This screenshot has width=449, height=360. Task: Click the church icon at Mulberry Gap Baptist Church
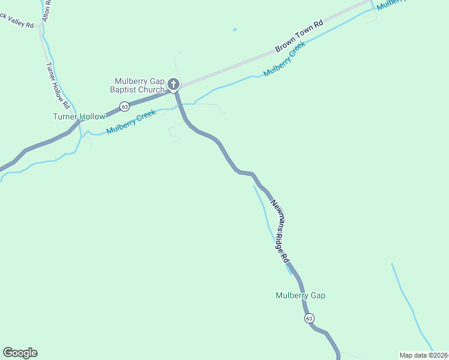[173, 84]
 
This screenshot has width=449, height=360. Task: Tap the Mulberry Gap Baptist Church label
[139, 86]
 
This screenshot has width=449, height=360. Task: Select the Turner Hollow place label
[79, 116]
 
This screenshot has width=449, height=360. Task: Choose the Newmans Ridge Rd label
[279, 231]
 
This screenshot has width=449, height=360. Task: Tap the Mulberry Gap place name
[300, 295]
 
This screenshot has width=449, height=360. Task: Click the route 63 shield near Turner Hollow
[124, 107]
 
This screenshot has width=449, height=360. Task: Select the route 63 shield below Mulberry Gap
[309, 317]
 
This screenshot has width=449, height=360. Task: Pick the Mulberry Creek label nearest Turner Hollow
[131, 122]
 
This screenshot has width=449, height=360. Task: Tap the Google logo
[20, 353]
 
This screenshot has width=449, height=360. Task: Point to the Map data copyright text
[424, 355]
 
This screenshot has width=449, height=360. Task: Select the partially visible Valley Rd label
[18, 22]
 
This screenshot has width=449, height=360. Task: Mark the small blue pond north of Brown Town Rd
[235, 29]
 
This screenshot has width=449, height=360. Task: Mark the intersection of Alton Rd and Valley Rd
[41, 25]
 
